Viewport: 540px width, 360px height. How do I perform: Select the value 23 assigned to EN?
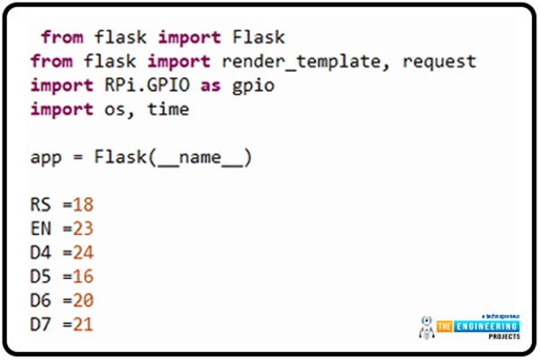[x=82, y=229]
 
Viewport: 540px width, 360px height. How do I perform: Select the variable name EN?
[x=40, y=229]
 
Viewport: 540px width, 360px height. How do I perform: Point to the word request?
[x=439, y=62]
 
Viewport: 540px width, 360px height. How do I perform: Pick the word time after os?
[x=169, y=110]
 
